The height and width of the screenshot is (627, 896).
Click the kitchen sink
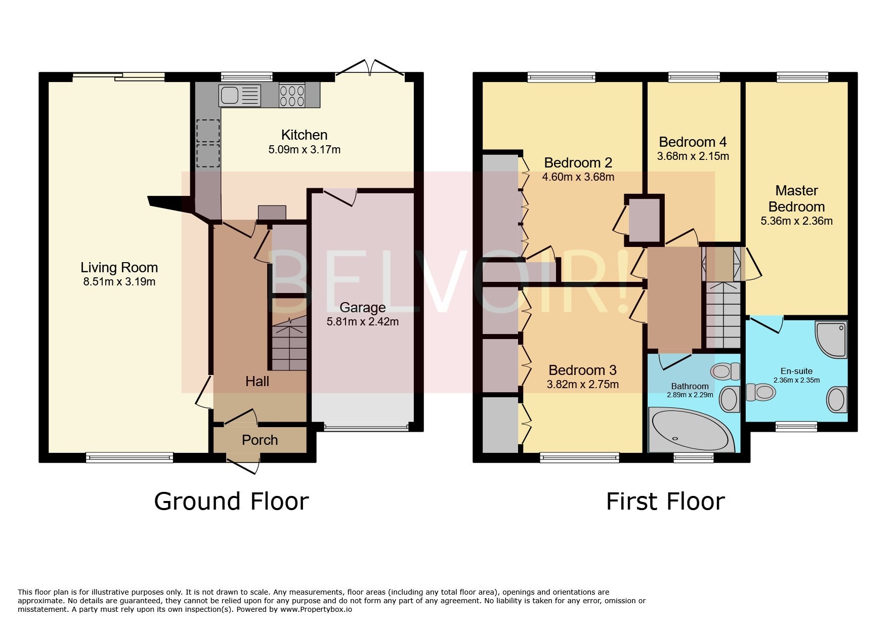tap(240, 95)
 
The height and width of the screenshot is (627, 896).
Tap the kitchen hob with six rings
tap(292, 95)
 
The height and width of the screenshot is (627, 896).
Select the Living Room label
tap(119, 267)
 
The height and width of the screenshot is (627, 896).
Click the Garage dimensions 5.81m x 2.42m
tap(363, 321)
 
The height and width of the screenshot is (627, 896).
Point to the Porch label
tap(260, 440)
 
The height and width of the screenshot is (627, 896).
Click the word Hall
tap(257, 381)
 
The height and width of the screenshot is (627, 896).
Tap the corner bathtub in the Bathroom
tap(691, 430)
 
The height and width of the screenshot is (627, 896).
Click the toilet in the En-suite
tap(760, 392)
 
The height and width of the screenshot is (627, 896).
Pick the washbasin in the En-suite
tap(837, 400)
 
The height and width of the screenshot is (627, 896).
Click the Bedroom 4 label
tap(693, 142)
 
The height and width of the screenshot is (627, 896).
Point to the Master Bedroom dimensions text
tap(796, 221)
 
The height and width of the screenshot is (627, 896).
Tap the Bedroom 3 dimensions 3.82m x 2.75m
tap(582, 384)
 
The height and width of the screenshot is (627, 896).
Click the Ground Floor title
tap(231, 501)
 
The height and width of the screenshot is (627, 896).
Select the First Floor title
tap(665, 501)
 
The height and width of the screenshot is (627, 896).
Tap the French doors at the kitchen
tap(371, 68)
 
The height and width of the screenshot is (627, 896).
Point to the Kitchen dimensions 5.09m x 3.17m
tap(304, 150)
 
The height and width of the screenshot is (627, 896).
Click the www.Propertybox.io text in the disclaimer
tap(316, 609)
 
